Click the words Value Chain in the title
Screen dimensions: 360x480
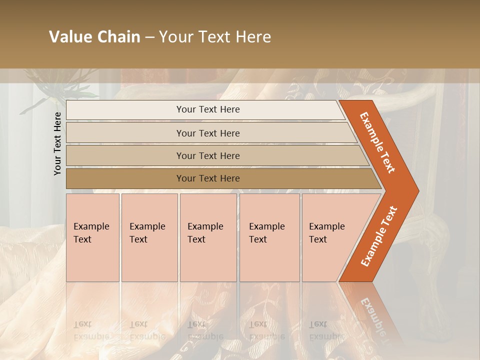pyautogui.click(x=94, y=37)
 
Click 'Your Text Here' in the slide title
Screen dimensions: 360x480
pyautogui.click(x=215, y=37)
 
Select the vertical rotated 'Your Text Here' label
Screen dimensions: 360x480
pyautogui.click(x=57, y=143)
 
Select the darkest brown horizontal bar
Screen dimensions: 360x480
pyautogui.click(x=125, y=178)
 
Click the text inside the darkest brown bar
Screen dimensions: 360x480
pyautogui.click(x=208, y=178)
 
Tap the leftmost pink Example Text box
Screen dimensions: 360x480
pyautogui.click(x=92, y=237)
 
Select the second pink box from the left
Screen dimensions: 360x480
pyautogui.click(x=149, y=237)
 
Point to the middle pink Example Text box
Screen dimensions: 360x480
pyautogui.click(x=208, y=237)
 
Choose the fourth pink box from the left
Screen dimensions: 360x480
pyautogui.click(x=269, y=237)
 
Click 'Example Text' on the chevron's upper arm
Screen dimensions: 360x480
pyautogui.click(x=378, y=142)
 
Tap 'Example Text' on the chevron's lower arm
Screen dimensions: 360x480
pyautogui.click(x=379, y=236)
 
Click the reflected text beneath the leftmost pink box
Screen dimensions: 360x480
pyautogui.click(x=91, y=330)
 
